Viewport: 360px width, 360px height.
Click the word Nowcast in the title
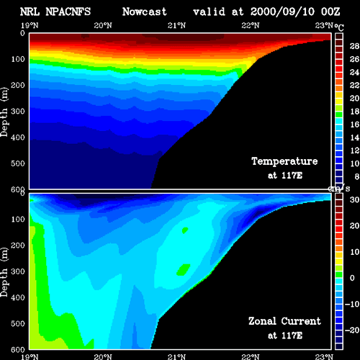[145, 12]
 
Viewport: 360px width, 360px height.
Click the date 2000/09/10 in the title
[282, 12]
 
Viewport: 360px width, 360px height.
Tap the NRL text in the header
[30, 12]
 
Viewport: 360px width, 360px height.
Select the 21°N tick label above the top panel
[176, 25]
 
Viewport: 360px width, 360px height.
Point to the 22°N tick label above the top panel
[251, 25]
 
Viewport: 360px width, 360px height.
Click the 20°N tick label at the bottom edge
[103, 357]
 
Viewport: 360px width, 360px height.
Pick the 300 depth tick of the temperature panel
[18, 112]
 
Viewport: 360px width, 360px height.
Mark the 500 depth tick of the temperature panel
[18, 163]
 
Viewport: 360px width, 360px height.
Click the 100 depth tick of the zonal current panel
[18, 219]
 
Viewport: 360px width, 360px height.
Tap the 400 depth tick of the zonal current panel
[18, 297]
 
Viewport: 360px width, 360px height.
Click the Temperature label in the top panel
[284, 161]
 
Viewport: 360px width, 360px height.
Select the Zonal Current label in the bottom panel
[284, 321]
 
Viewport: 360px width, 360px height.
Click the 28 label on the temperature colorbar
[354, 46]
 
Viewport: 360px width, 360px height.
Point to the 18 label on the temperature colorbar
[354, 112]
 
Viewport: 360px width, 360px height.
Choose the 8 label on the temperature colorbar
[356, 176]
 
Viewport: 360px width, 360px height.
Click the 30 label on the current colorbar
[354, 199]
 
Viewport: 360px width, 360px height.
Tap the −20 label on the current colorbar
[352, 330]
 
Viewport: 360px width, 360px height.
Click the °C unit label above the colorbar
[339, 27]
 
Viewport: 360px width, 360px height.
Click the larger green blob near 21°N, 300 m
[184, 269]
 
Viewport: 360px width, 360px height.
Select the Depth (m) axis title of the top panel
[4, 112]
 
